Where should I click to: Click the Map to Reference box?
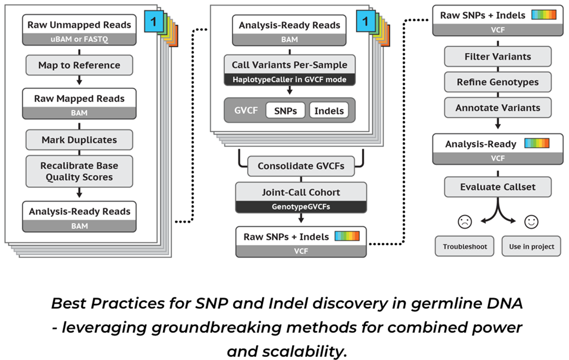click(x=79, y=65)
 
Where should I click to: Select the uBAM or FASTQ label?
click(x=79, y=39)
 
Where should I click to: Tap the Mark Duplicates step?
click(x=79, y=140)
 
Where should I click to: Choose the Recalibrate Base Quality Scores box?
click(x=79, y=171)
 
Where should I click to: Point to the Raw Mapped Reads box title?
click(x=79, y=98)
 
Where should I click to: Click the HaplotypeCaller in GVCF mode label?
click(x=289, y=79)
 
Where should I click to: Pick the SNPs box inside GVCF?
click(x=285, y=111)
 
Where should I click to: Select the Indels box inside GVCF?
click(x=329, y=111)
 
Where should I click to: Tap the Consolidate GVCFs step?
click(x=301, y=166)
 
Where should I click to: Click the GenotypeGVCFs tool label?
click(x=301, y=206)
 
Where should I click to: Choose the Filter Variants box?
click(x=498, y=56)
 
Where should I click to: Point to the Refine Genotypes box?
click(x=498, y=82)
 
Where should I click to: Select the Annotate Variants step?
click(x=498, y=108)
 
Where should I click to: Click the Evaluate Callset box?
click(x=498, y=187)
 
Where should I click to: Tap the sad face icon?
click(x=465, y=221)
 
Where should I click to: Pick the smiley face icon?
click(x=531, y=221)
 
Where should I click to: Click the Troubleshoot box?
click(x=465, y=246)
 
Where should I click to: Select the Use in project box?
click(x=531, y=246)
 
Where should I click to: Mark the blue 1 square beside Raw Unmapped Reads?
click(x=153, y=22)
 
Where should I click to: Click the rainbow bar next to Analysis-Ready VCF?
click(x=537, y=143)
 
